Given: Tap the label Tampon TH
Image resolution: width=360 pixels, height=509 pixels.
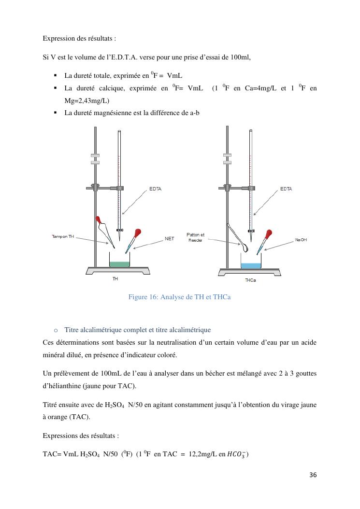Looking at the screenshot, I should [63, 237].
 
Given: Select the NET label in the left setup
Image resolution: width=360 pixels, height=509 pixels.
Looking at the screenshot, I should [169, 238].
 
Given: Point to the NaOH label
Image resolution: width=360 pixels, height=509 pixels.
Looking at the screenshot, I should [301, 240].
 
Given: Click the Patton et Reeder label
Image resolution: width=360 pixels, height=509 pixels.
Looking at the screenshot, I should [195, 237].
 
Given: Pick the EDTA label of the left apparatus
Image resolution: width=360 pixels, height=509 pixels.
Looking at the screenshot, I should [155, 189].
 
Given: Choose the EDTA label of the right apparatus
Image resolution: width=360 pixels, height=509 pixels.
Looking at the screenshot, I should [286, 189].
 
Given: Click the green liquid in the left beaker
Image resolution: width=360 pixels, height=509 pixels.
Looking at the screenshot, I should [119, 264].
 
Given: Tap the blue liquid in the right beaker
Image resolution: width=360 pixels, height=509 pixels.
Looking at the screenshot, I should [251, 266].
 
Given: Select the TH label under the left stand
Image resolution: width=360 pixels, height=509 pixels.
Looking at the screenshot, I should [115, 279].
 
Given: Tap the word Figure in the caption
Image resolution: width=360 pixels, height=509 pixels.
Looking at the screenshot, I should [139, 297].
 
